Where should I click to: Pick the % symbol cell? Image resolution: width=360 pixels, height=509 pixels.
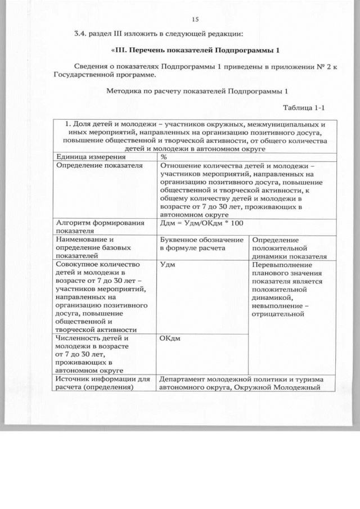pos(164,156)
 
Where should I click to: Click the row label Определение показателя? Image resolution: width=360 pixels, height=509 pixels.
pos(99,165)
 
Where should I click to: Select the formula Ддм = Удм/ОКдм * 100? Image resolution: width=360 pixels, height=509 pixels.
pos(202,223)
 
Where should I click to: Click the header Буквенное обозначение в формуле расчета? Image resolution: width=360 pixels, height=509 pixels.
pos(200,244)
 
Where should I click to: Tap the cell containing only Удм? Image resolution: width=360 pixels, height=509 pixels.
pos(167,264)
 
